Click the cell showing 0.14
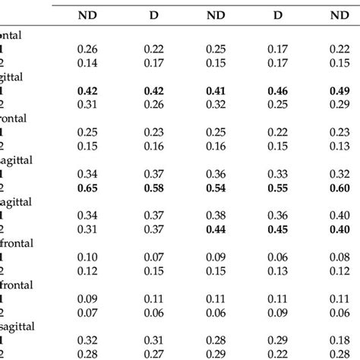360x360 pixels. point(91,64)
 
